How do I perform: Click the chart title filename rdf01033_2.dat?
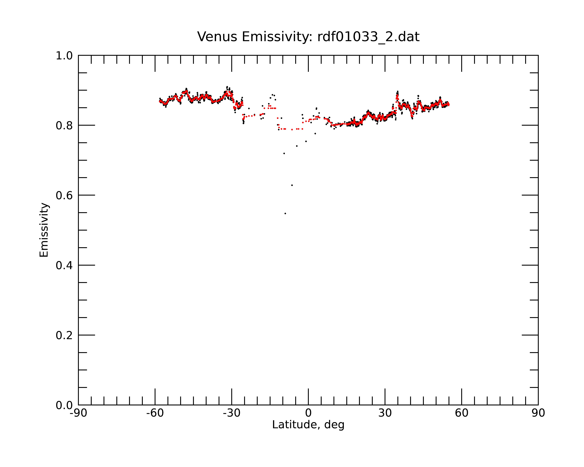pos(368,37)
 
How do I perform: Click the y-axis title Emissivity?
pos(44,230)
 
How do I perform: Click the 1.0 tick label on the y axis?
pos(64,56)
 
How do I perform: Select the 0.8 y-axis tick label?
pos(64,126)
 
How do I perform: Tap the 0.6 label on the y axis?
pos(64,195)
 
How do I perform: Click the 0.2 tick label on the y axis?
pos(64,335)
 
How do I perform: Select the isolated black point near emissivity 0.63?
pos(292,185)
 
